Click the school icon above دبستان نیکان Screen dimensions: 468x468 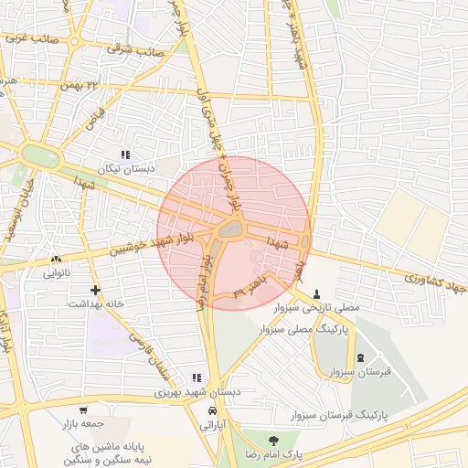[126, 155]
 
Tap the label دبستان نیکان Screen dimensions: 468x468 [127, 170]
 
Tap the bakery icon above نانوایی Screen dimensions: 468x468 [56, 259]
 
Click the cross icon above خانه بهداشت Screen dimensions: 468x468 [95, 290]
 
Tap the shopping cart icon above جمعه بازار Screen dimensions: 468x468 [84, 410]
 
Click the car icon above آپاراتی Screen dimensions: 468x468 [213, 410]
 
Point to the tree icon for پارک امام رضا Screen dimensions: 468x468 [275, 440]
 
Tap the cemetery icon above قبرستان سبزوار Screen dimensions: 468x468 [359, 357]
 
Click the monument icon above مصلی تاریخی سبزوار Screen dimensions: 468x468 [317, 294]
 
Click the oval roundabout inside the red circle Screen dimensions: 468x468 [229, 229]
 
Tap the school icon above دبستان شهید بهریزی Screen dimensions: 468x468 [196, 378]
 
